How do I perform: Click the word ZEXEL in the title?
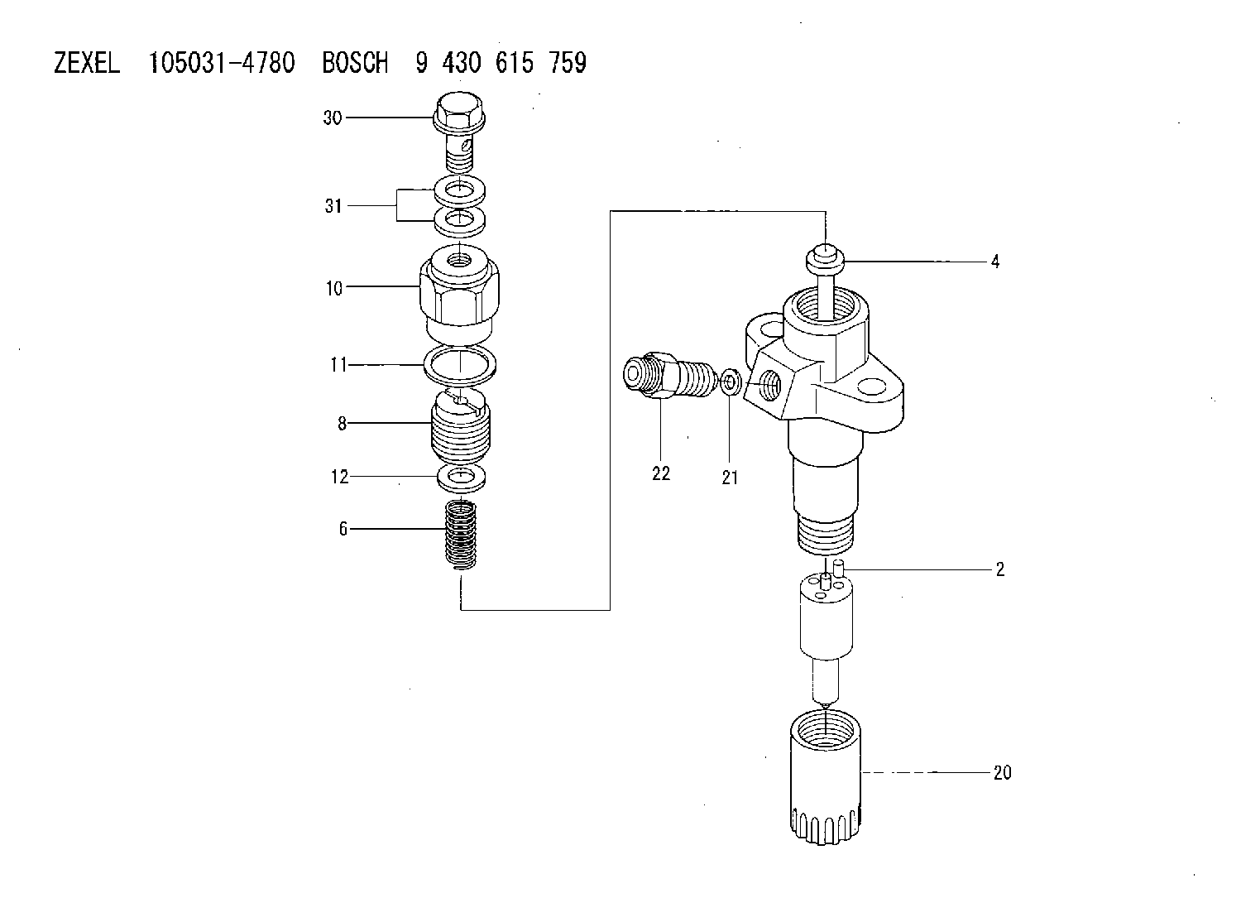87,63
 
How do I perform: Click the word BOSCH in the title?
355,63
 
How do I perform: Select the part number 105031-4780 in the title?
222,63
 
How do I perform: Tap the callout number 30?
333,118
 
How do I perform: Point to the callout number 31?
333,206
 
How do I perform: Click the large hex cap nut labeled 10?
459,292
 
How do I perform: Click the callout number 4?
995,262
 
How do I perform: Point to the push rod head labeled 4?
825,259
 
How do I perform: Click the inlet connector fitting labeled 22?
667,374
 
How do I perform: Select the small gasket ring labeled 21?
729,382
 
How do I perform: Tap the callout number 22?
661,473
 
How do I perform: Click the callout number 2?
1000,569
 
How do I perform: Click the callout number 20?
1002,773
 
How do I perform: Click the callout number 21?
731,478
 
